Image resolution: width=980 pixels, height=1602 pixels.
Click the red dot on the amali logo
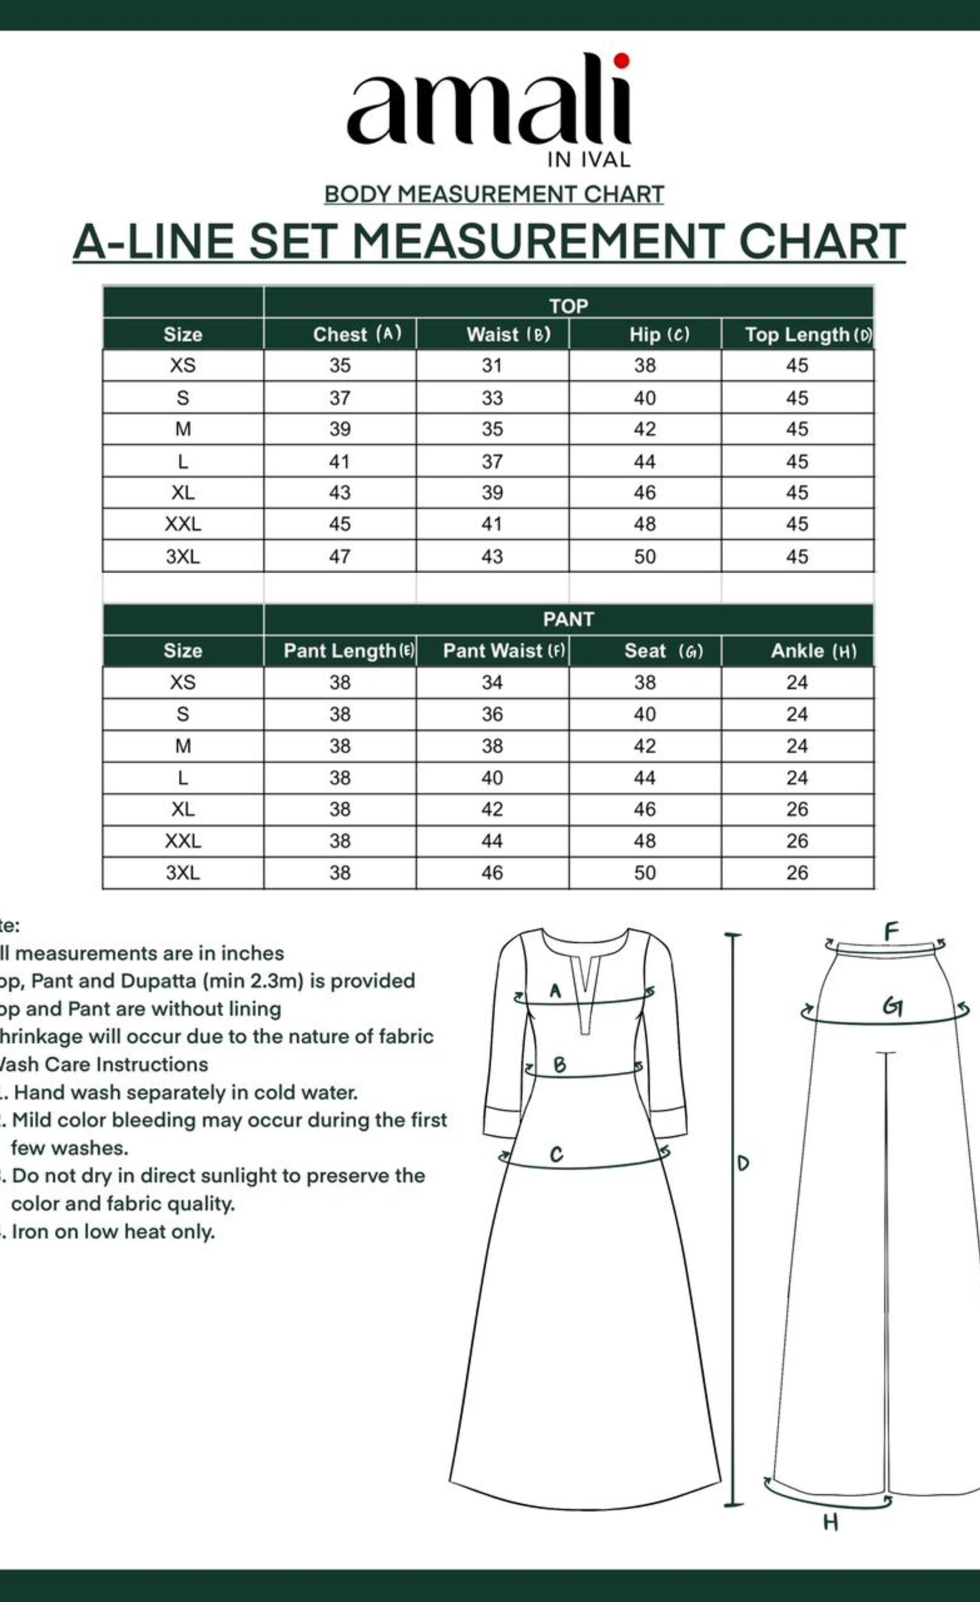(622, 60)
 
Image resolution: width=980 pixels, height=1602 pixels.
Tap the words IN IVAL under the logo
(589, 160)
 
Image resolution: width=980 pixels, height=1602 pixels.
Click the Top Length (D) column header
(807, 334)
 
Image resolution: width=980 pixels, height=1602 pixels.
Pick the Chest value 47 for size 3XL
(339, 557)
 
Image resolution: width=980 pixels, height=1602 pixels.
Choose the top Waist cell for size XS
(492, 365)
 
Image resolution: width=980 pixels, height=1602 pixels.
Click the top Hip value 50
(644, 557)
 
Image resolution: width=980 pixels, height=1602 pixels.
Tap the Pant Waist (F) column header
(503, 651)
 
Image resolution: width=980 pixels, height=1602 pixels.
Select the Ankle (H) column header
(813, 651)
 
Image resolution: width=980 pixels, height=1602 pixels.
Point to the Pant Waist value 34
(492, 682)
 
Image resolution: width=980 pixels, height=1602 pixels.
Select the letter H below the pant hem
(831, 1522)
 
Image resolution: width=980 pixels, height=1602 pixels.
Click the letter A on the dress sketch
(555, 991)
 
